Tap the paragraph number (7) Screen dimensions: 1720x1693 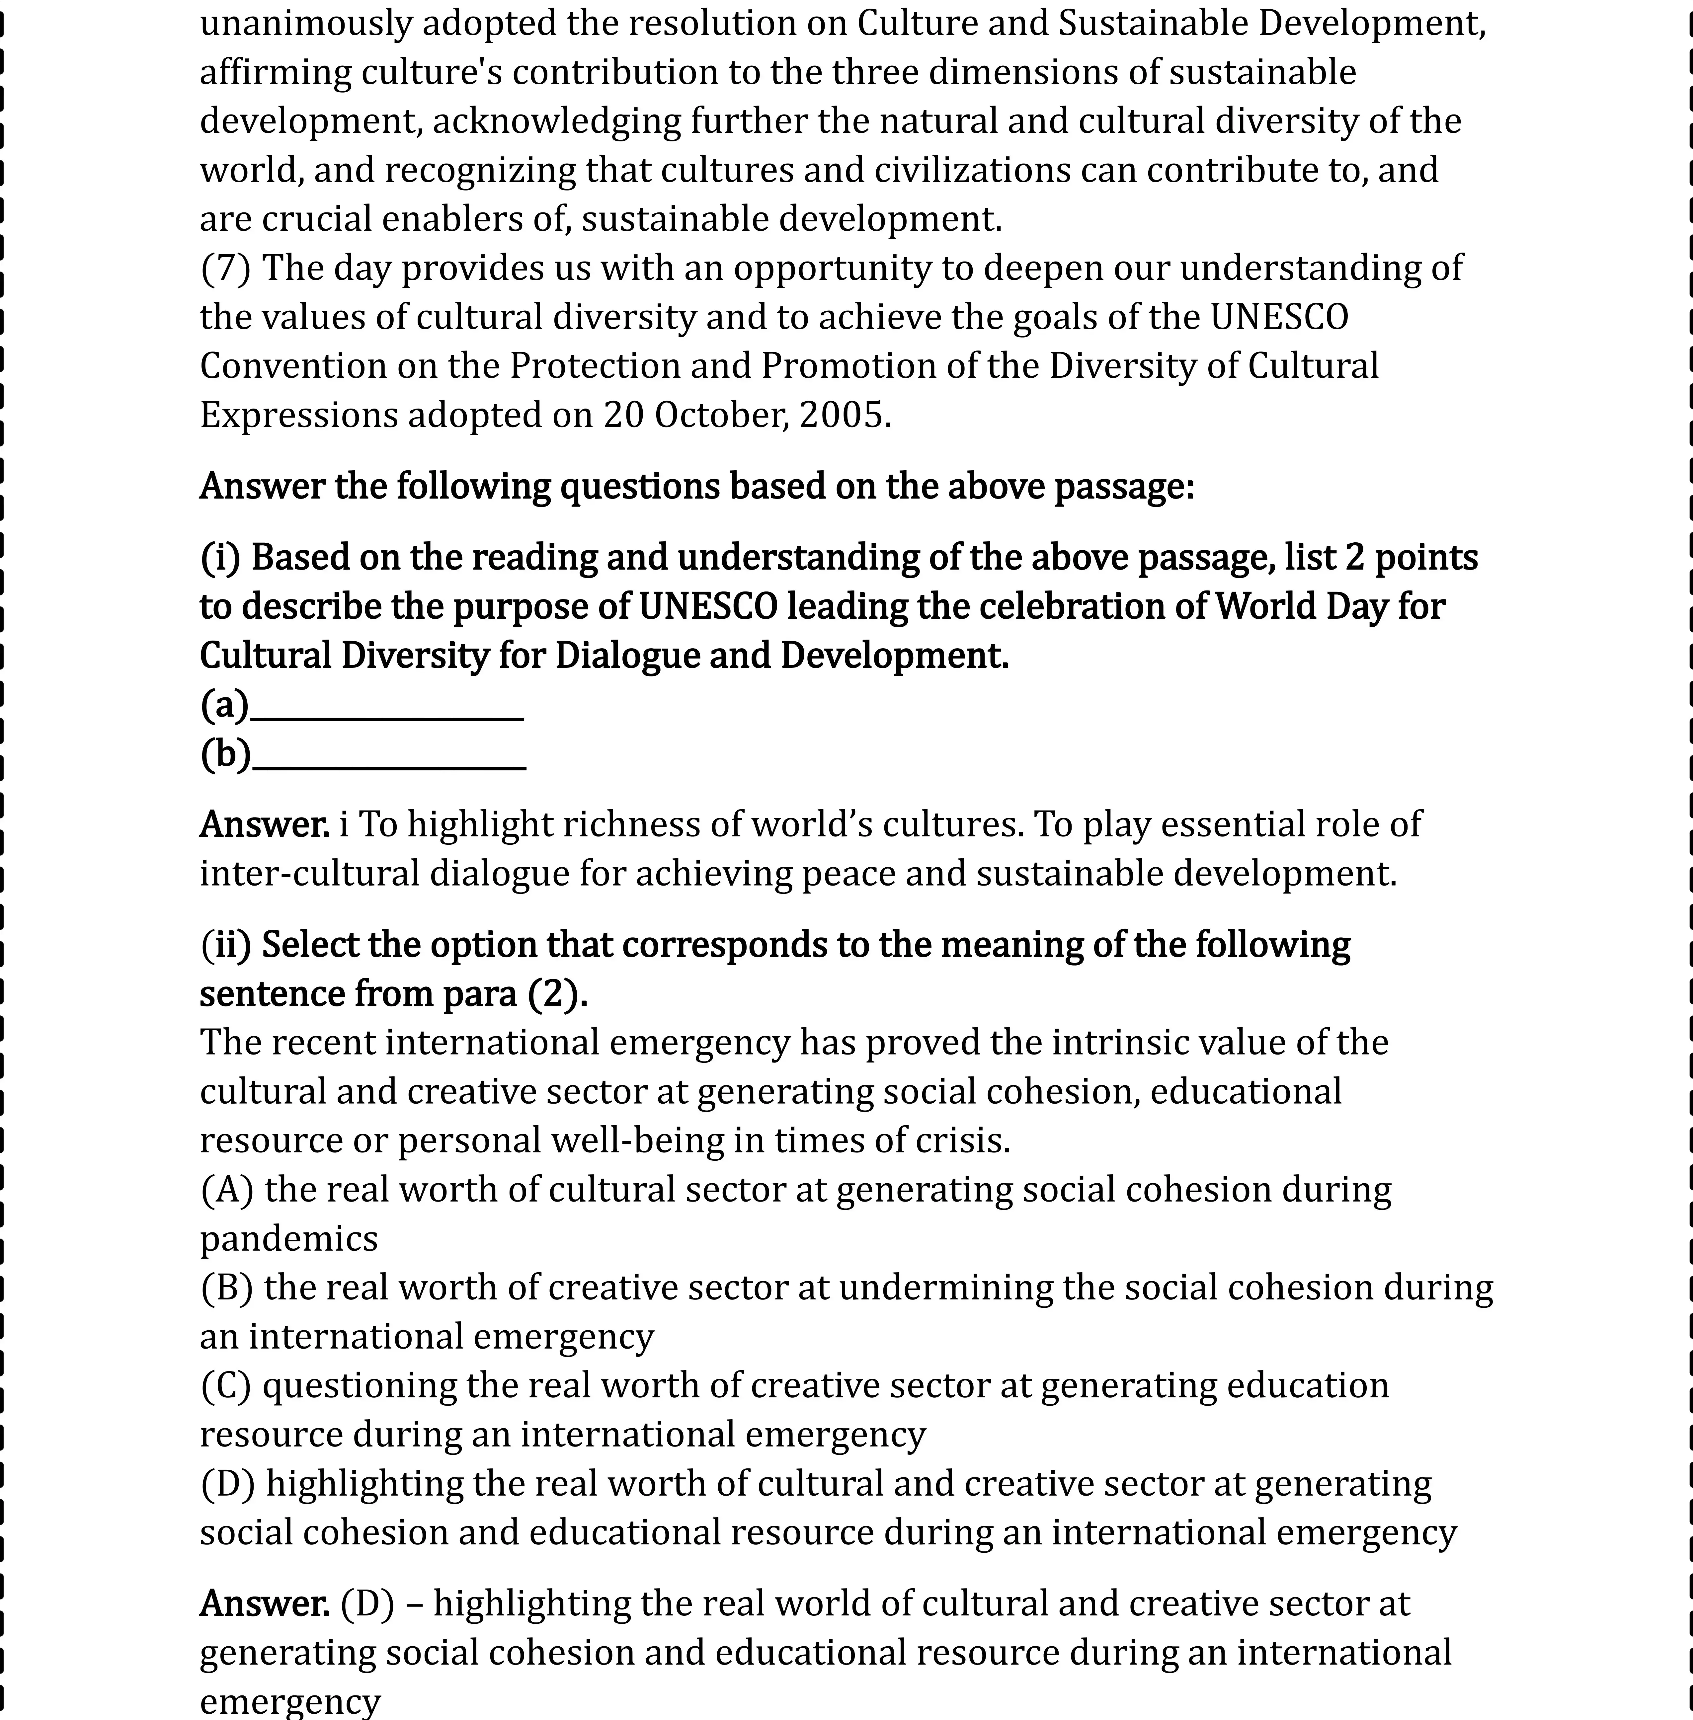coord(226,269)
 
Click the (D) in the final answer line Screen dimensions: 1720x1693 coord(367,1603)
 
